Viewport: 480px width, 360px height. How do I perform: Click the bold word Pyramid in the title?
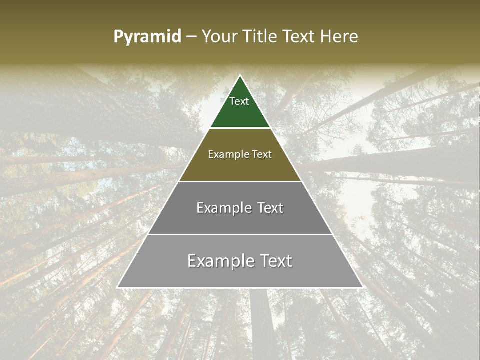147,37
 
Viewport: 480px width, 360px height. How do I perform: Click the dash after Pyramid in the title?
191,37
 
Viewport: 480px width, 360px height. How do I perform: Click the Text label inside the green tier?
239,101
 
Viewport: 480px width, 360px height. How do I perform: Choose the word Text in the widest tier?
274,261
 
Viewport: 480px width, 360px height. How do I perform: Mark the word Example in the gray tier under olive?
223,208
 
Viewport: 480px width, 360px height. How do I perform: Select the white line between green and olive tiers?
240,128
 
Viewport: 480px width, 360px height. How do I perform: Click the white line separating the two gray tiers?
240,234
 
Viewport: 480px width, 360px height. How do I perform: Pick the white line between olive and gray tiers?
240,181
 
